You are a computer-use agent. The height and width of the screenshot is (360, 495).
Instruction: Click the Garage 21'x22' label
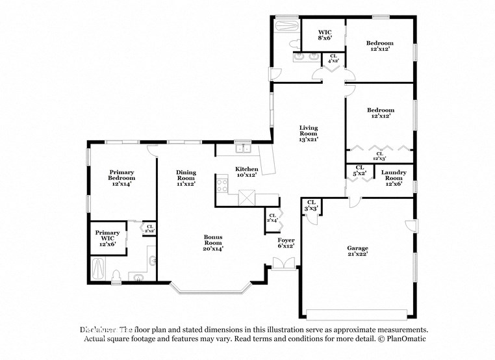pos(357,251)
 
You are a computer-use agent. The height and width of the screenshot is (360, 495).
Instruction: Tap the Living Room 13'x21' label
pos(309,135)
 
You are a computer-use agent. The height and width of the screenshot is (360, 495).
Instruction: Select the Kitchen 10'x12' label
pos(247,172)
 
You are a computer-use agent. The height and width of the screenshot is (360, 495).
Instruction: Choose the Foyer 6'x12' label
pos(286,243)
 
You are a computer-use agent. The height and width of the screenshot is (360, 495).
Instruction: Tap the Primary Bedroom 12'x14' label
pos(121,178)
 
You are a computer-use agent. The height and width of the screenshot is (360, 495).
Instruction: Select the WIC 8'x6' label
pos(325,35)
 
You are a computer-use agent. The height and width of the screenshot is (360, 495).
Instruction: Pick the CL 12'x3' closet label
pos(379,156)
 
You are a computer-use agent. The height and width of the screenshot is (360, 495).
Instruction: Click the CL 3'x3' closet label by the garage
pos(311,205)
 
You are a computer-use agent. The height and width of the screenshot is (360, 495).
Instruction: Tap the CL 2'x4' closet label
pos(272,218)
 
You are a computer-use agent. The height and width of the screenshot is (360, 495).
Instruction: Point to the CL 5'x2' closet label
pos(359,170)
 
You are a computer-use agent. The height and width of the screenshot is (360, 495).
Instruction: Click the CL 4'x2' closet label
pos(333,59)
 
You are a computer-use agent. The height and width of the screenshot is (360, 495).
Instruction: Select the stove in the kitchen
pos(222,186)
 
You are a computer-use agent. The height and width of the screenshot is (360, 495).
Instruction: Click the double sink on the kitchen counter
pos(243,149)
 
